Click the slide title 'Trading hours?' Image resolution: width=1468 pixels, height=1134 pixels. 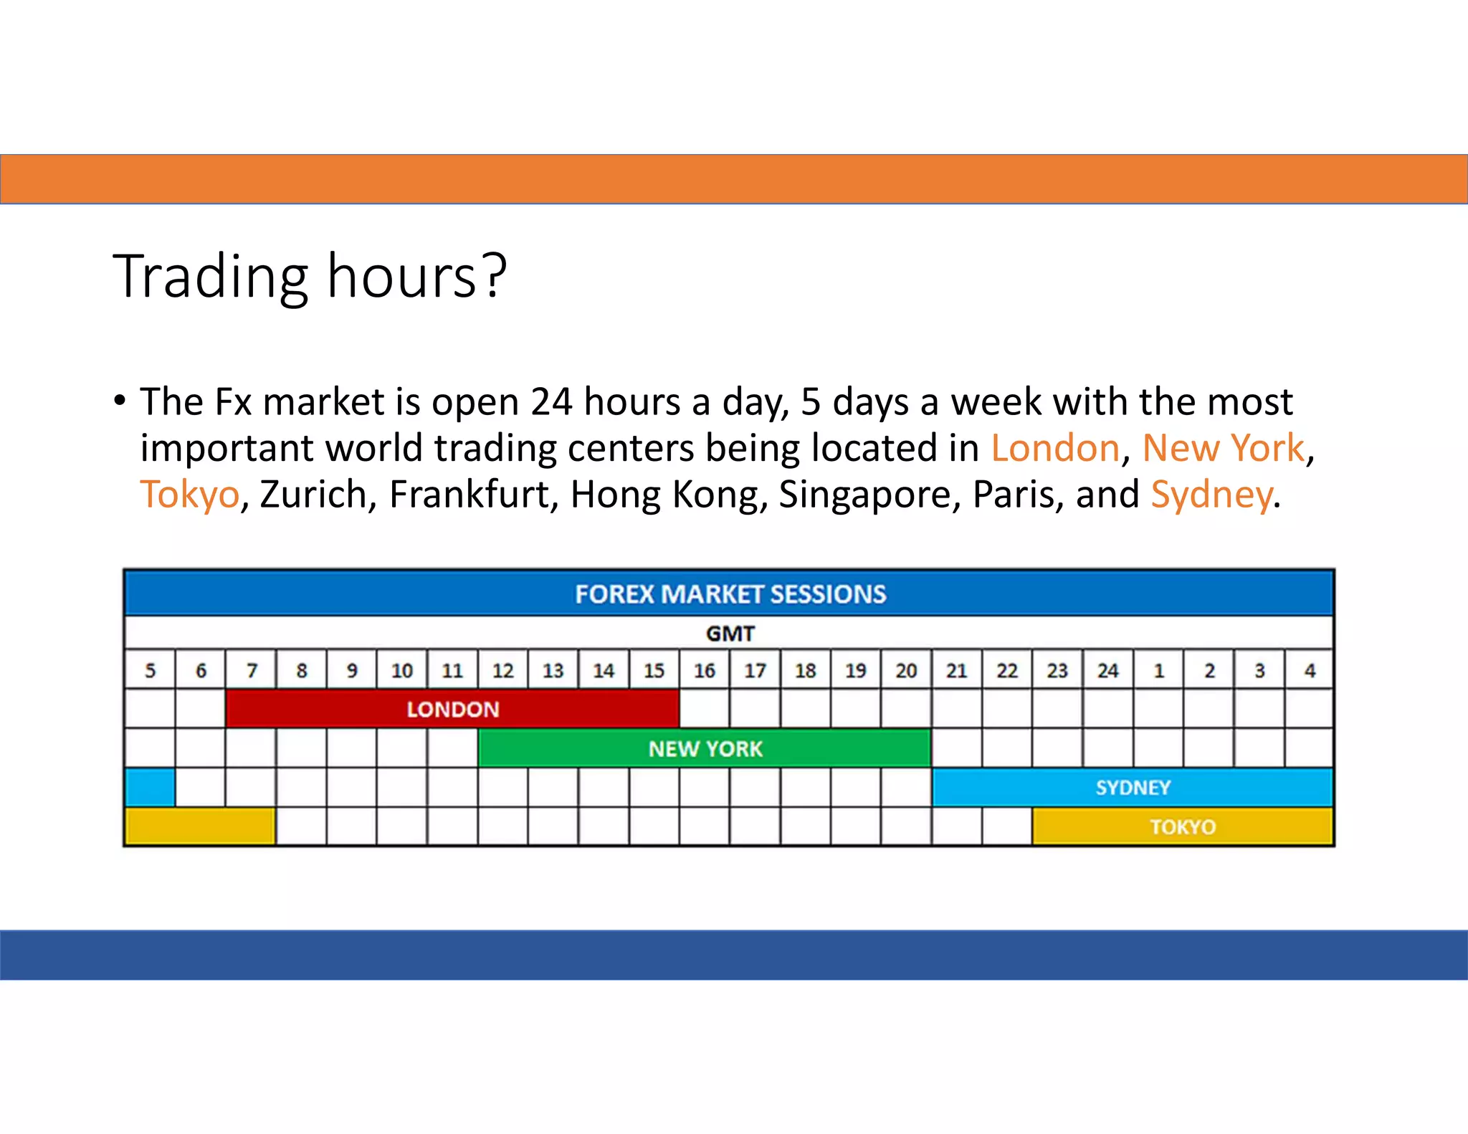click(310, 277)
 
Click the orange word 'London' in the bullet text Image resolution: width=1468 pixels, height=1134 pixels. click(1055, 449)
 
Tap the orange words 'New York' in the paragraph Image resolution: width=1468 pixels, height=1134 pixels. click(1223, 449)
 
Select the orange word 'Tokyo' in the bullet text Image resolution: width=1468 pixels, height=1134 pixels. click(189, 495)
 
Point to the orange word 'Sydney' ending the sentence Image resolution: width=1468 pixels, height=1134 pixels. click(1211, 495)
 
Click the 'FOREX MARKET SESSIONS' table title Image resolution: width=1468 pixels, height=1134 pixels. click(730, 594)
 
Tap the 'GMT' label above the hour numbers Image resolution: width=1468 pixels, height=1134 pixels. click(730, 634)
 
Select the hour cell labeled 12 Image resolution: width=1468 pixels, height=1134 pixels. click(502, 671)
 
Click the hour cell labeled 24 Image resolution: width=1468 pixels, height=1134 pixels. click(1107, 671)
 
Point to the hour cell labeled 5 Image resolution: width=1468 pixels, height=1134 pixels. click(150, 671)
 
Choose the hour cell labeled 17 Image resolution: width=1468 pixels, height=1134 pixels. click(755, 671)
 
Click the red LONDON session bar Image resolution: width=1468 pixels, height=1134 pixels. click(452, 710)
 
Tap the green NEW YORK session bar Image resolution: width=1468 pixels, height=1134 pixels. click(705, 749)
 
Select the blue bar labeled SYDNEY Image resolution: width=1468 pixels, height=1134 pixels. click(1133, 788)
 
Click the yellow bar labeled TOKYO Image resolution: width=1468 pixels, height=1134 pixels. click(1183, 827)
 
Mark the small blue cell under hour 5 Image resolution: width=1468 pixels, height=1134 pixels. click(150, 788)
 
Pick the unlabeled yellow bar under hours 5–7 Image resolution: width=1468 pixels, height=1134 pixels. click(200, 827)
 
